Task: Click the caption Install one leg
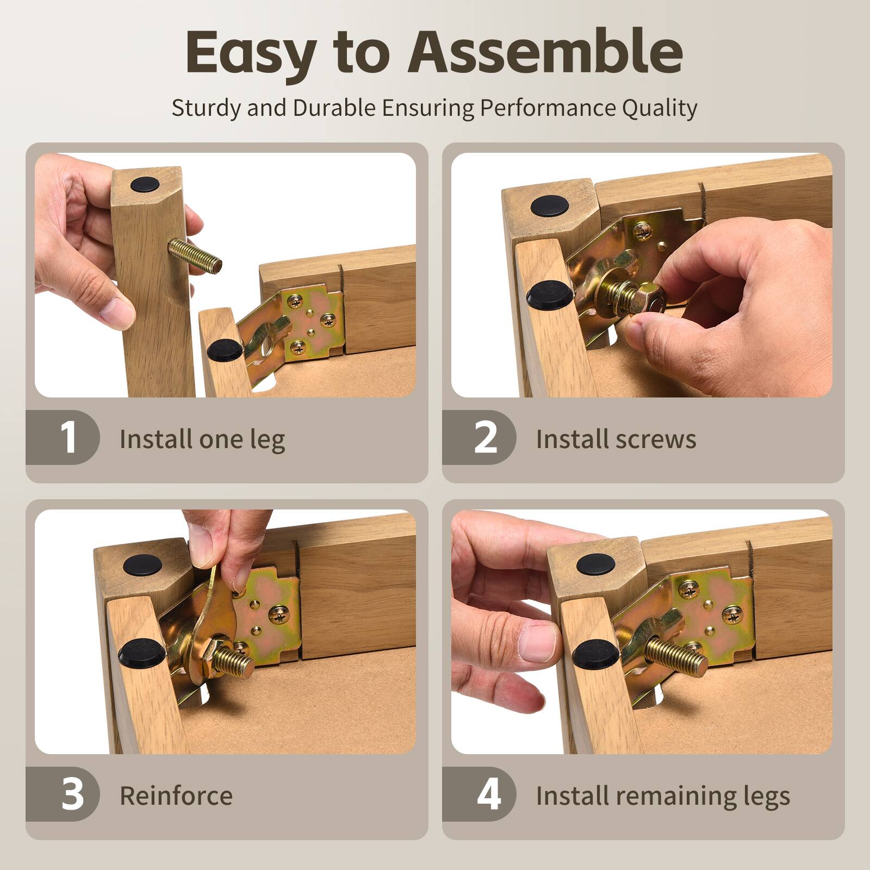pos(202,439)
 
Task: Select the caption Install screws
pos(616,439)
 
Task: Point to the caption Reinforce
pos(176,796)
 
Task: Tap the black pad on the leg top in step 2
pos(550,206)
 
